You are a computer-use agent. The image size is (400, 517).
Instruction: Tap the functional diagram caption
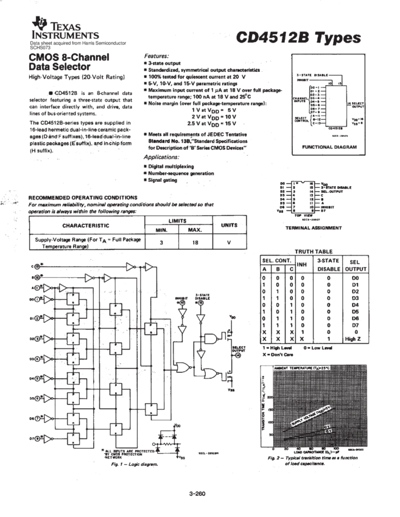click(x=329, y=147)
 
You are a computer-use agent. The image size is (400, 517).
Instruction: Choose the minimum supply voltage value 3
click(x=159, y=241)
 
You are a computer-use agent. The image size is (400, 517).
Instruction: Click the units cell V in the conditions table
click(x=229, y=241)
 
